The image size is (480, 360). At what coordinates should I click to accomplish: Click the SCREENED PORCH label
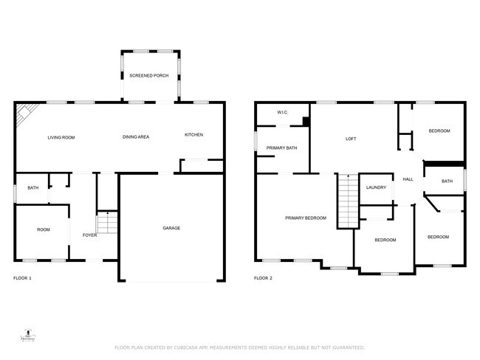click(x=149, y=76)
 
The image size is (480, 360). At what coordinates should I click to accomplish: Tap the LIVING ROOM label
click(x=61, y=137)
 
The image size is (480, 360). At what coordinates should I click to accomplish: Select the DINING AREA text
click(x=136, y=137)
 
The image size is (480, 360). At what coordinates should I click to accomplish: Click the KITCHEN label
click(x=193, y=134)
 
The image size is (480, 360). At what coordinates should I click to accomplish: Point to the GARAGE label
click(x=171, y=228)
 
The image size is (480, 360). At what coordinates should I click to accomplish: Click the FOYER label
click(x=89, y=235)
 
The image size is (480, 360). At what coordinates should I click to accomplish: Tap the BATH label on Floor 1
click(x=32, y=188)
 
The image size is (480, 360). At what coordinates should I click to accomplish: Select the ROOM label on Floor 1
click(x=44, y=230)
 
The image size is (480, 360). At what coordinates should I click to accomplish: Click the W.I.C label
click(x=282, y=112)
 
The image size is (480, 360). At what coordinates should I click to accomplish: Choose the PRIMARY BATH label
click(x=281, y=148)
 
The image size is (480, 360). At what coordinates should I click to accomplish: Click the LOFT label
click(x=352, y=139)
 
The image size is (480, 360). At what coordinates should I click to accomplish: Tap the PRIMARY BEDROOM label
click(x=306, y=218)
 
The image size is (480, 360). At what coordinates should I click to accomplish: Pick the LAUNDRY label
click(x=376, y=187)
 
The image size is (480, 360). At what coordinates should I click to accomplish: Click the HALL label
click(x=407, y=179)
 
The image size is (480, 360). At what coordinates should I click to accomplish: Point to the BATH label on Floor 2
click(x=447, y=181)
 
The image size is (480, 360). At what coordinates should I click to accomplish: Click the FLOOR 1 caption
click(x=23, y=278)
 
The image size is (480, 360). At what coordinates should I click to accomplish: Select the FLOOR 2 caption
click(x=263, y=278)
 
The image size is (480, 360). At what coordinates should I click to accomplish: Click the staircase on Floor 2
click(x=347, y=200)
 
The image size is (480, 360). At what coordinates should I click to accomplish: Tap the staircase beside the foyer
click(x=107, y=222)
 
